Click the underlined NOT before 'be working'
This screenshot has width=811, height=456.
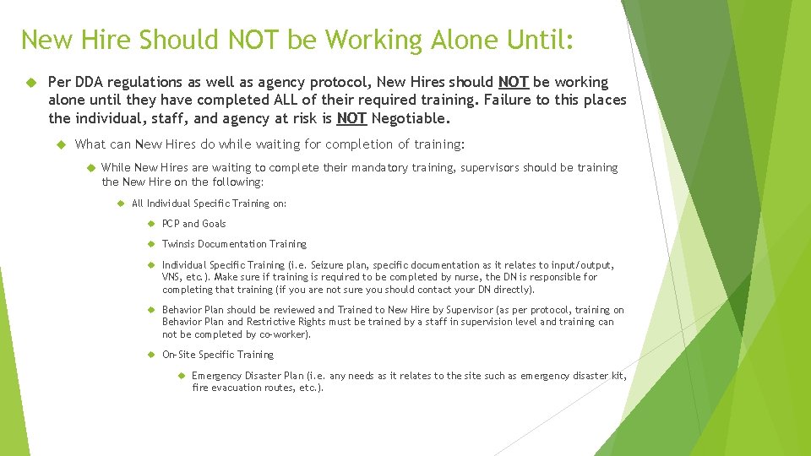coord(514,82)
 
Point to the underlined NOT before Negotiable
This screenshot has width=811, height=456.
coord(351,118)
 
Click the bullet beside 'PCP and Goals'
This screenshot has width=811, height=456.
coord(149,224)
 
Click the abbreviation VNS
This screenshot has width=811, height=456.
coord(173,277)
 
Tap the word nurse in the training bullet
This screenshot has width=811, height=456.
coord(421,277)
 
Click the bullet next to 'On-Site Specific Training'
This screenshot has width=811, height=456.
coord(149,355)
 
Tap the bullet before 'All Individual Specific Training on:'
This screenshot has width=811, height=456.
coord(119,204)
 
